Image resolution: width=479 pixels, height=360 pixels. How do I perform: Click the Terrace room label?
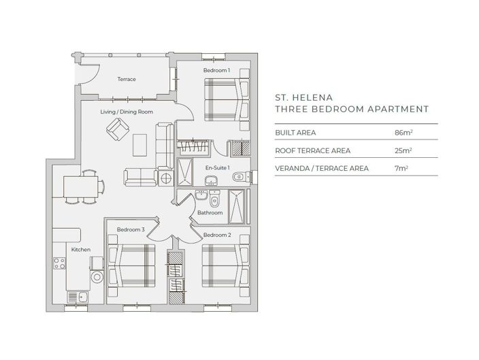click(127, 80)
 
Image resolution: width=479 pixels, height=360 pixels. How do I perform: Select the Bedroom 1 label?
click(216, 70)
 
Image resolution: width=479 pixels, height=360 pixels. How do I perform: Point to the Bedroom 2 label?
click(218, 235)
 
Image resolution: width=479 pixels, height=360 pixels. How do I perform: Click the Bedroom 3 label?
click(130, 229)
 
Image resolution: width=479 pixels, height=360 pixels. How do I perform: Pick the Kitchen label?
click(81, 250)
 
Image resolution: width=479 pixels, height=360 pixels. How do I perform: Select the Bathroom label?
click(210, 213)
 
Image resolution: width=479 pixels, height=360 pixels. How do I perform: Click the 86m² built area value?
click(403, 132)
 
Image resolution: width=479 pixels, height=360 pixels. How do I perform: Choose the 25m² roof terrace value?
click(403, 150)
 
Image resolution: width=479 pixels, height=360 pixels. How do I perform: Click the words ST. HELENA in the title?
click(301, 97)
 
